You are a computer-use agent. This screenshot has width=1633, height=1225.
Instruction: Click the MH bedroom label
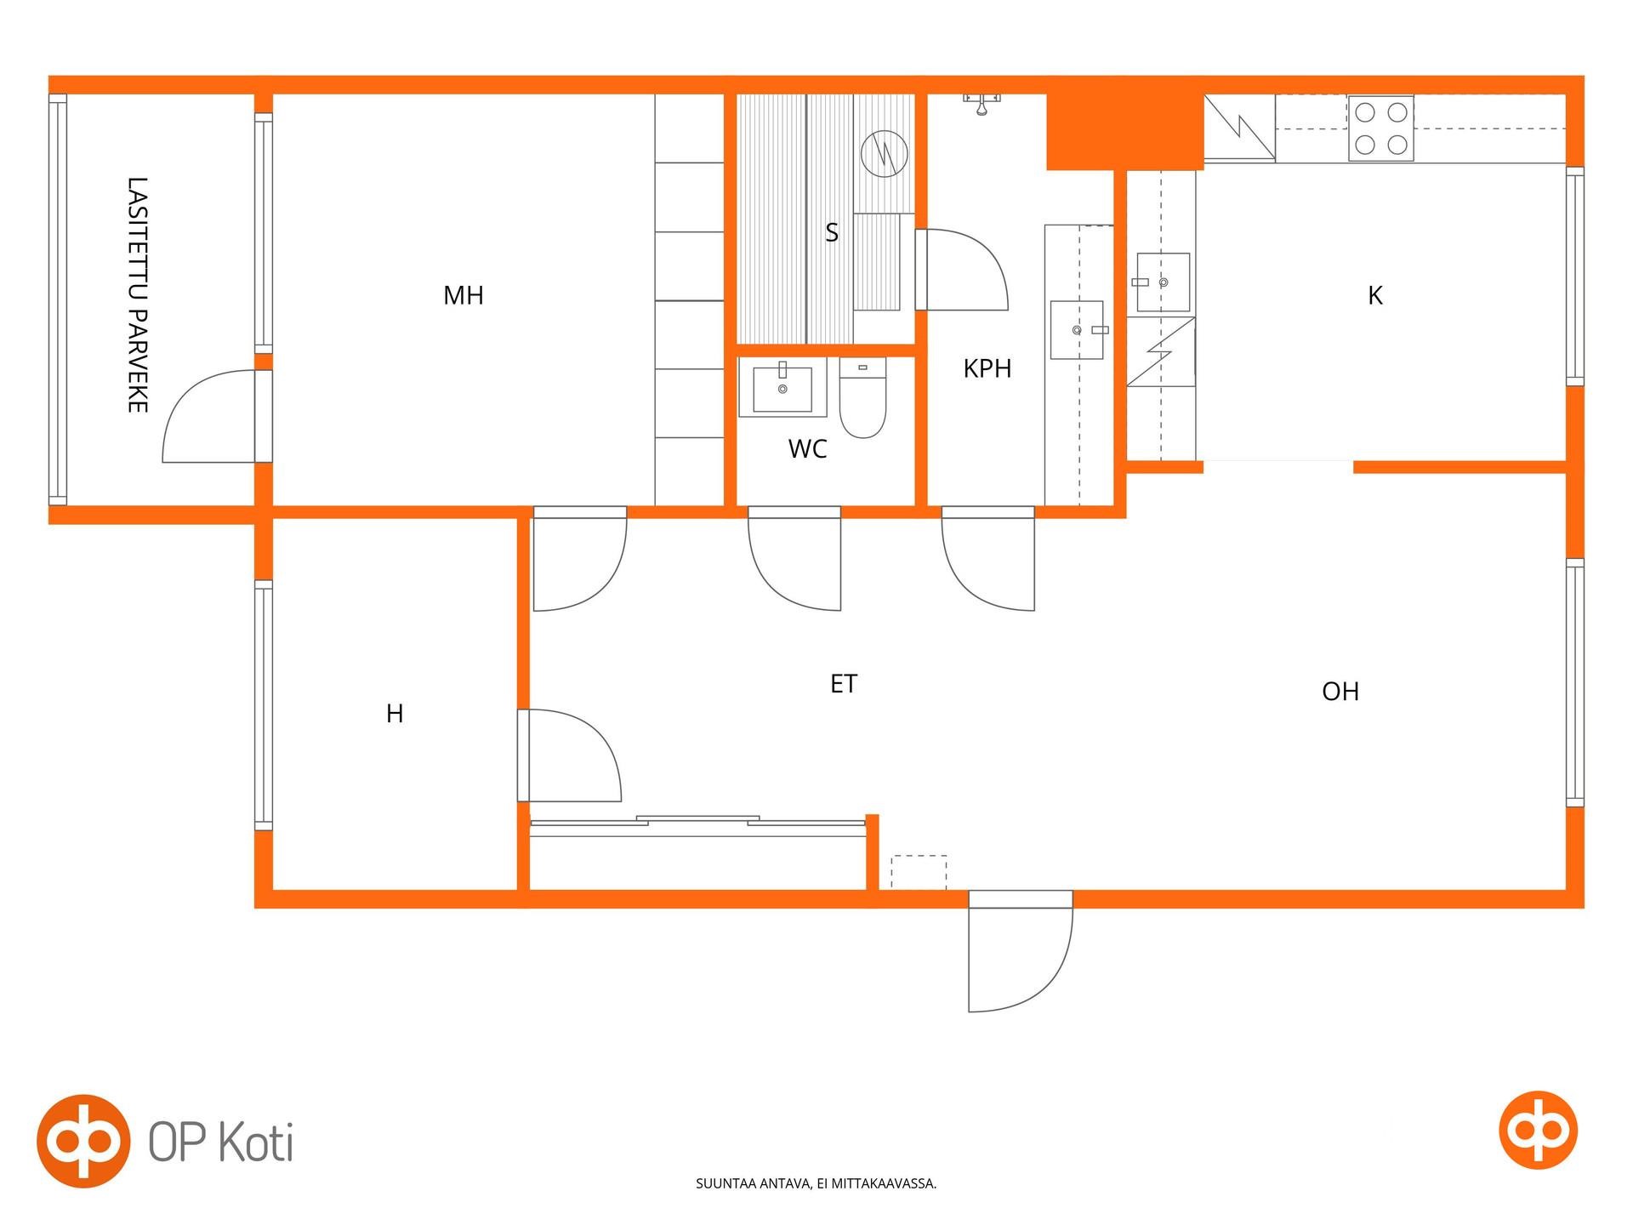coord(464,295)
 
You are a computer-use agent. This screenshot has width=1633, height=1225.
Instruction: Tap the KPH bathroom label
coord(987,368)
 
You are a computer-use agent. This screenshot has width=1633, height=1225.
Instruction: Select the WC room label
coord(807,448)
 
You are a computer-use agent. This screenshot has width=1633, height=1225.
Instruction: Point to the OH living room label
coord(1340,692)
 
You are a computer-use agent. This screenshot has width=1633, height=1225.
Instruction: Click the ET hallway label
coord(844,684)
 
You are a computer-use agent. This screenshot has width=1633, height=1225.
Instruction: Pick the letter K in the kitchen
coord(1375,295)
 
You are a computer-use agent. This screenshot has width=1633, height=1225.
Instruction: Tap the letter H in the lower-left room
coord(395,714)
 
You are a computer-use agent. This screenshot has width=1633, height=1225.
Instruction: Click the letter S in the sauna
coord(832,232)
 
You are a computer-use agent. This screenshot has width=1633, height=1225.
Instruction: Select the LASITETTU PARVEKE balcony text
coord(138,295)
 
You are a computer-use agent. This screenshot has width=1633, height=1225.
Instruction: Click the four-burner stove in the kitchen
coord(1380,128)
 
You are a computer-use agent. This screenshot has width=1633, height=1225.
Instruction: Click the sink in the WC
coord(782,388)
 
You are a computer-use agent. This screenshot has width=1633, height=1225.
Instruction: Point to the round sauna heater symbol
coord(885,154)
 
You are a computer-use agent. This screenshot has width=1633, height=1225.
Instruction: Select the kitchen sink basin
coord(1163,282)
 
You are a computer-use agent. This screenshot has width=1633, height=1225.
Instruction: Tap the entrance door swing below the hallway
coord(1020,951)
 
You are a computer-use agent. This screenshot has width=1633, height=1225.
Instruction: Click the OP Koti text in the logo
coord(221,1141)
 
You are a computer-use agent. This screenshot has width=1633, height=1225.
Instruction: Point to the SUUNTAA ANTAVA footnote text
coord(816,1183)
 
